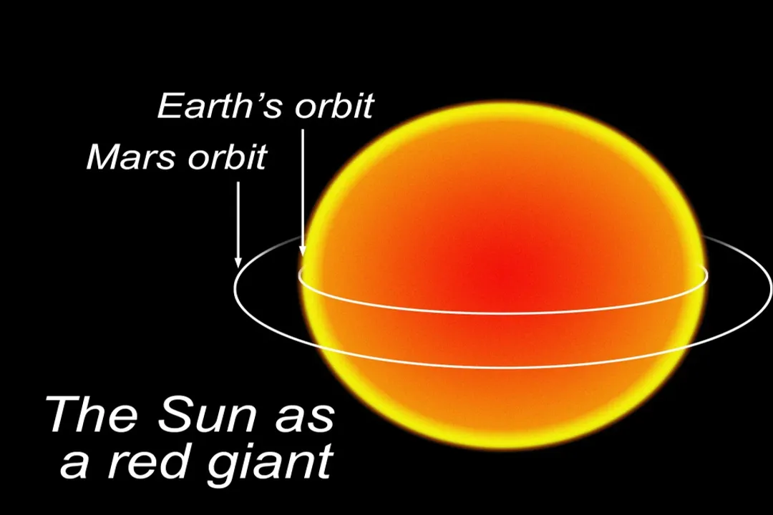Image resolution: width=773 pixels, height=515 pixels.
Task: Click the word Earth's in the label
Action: tap(213, 106)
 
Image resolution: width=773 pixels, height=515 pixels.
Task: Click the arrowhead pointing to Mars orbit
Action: tap(238, 263)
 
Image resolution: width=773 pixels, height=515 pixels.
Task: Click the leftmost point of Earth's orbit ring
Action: tap(299, 275)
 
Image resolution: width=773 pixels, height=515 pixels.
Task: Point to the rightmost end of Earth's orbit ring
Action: tap(707, 275)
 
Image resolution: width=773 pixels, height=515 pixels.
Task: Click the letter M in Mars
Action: tap(102, 157)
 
